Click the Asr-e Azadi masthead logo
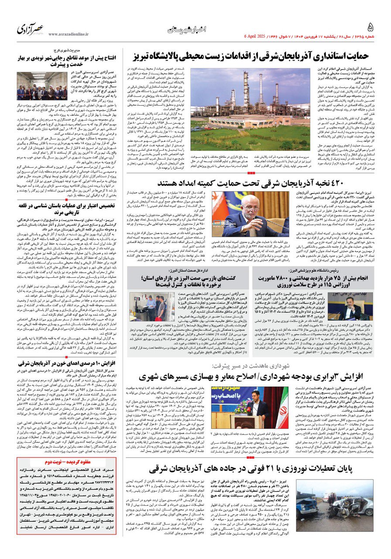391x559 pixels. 31,30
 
